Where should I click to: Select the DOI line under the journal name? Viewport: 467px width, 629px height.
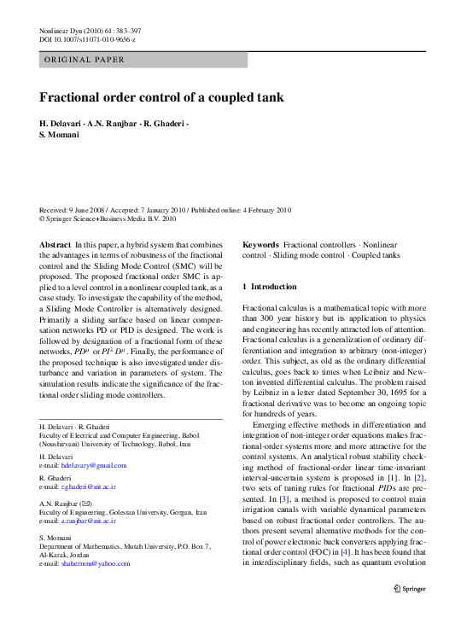[87, 39]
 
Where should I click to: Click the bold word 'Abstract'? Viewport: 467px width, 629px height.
[55, 245]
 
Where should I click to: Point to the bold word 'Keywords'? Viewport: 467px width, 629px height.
[260, 245]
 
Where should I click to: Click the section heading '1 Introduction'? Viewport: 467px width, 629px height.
[270, 287]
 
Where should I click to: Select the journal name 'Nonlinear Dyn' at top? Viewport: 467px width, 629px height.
[63, 29]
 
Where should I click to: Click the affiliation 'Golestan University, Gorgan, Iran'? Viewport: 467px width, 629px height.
[160, 512]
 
